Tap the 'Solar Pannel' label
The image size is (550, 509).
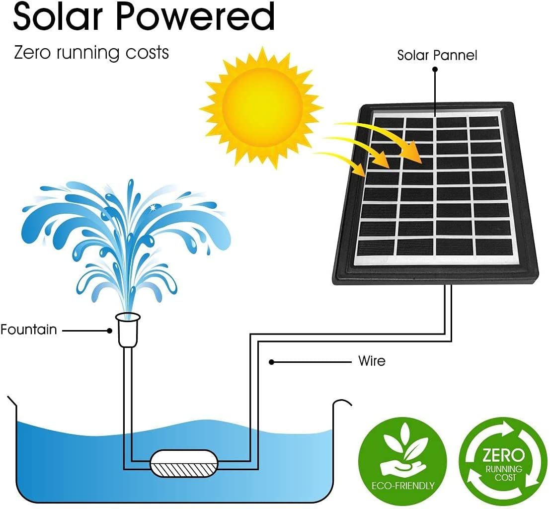[437, 55]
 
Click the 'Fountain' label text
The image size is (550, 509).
[28, 330]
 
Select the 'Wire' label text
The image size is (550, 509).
[372, 361]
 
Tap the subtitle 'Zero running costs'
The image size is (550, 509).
[91, 52]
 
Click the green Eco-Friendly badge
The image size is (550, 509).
[402, 460]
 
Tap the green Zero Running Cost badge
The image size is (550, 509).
[502, 460]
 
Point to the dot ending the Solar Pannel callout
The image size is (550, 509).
[435, 70]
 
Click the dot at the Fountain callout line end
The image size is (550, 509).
[110, 330]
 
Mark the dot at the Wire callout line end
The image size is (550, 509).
[271, 362]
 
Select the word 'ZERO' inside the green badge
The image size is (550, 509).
[502, 455]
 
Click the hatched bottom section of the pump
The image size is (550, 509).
[184, 469]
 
